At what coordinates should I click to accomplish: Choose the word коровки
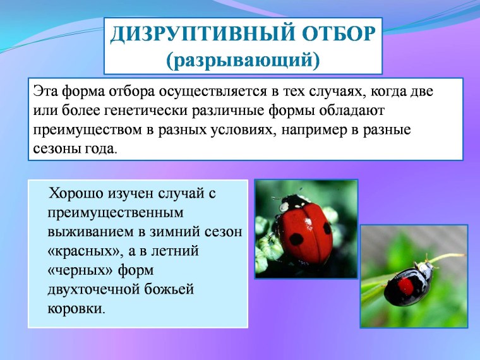(74, 309)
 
